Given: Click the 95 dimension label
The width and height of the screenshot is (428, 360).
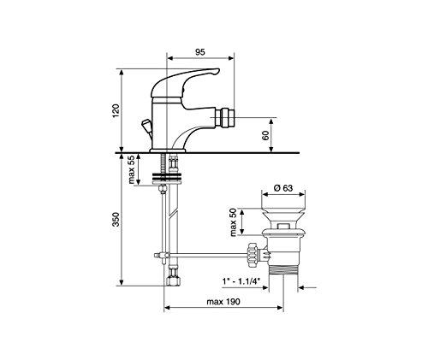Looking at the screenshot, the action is click(200, 52).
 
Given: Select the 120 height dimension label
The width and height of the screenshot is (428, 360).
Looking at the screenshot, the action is click(116, 111).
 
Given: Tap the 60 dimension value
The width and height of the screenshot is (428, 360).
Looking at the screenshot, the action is click(265, 135).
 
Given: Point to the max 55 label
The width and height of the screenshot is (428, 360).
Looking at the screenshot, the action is click(132, 169).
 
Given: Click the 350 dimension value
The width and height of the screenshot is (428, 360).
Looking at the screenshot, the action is click(116, 220).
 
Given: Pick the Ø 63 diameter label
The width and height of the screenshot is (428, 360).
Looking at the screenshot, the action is click(283, 188).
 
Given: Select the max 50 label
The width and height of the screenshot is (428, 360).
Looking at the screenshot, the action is click(234, 222).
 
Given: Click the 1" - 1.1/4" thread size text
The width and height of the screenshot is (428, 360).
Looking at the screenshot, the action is click(241, 281).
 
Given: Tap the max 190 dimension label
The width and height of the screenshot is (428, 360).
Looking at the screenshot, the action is click(223, 302).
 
